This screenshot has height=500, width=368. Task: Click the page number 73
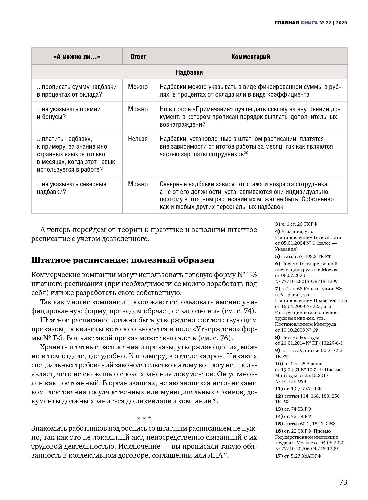click(x=343, y=482)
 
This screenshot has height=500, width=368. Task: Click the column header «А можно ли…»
click(x=77, y=57)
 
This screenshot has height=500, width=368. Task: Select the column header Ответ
click(x=138, y=57)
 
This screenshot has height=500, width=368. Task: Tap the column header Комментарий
click(x=250, y=57)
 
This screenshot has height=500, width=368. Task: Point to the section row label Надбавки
click(x=189, y=72)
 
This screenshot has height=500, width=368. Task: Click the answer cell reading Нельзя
click(x=138, y=139)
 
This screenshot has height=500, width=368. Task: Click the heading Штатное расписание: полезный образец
click(x=123, y=260)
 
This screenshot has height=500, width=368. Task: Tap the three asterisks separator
click(x=144, y=418)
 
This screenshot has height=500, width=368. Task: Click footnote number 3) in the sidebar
click(x=277, y=224)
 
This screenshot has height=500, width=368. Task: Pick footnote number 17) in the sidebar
click(x=279, y=456)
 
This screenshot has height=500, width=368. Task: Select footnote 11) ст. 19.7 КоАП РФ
click(x=298, y=389)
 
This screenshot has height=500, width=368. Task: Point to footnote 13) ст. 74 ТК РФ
click(x=293, y=409)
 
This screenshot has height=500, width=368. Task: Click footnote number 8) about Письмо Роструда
click(x=277, y=337)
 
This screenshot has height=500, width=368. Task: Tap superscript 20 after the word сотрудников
click(x=246, y=153)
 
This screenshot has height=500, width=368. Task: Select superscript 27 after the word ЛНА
click(x=226, y=454)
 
